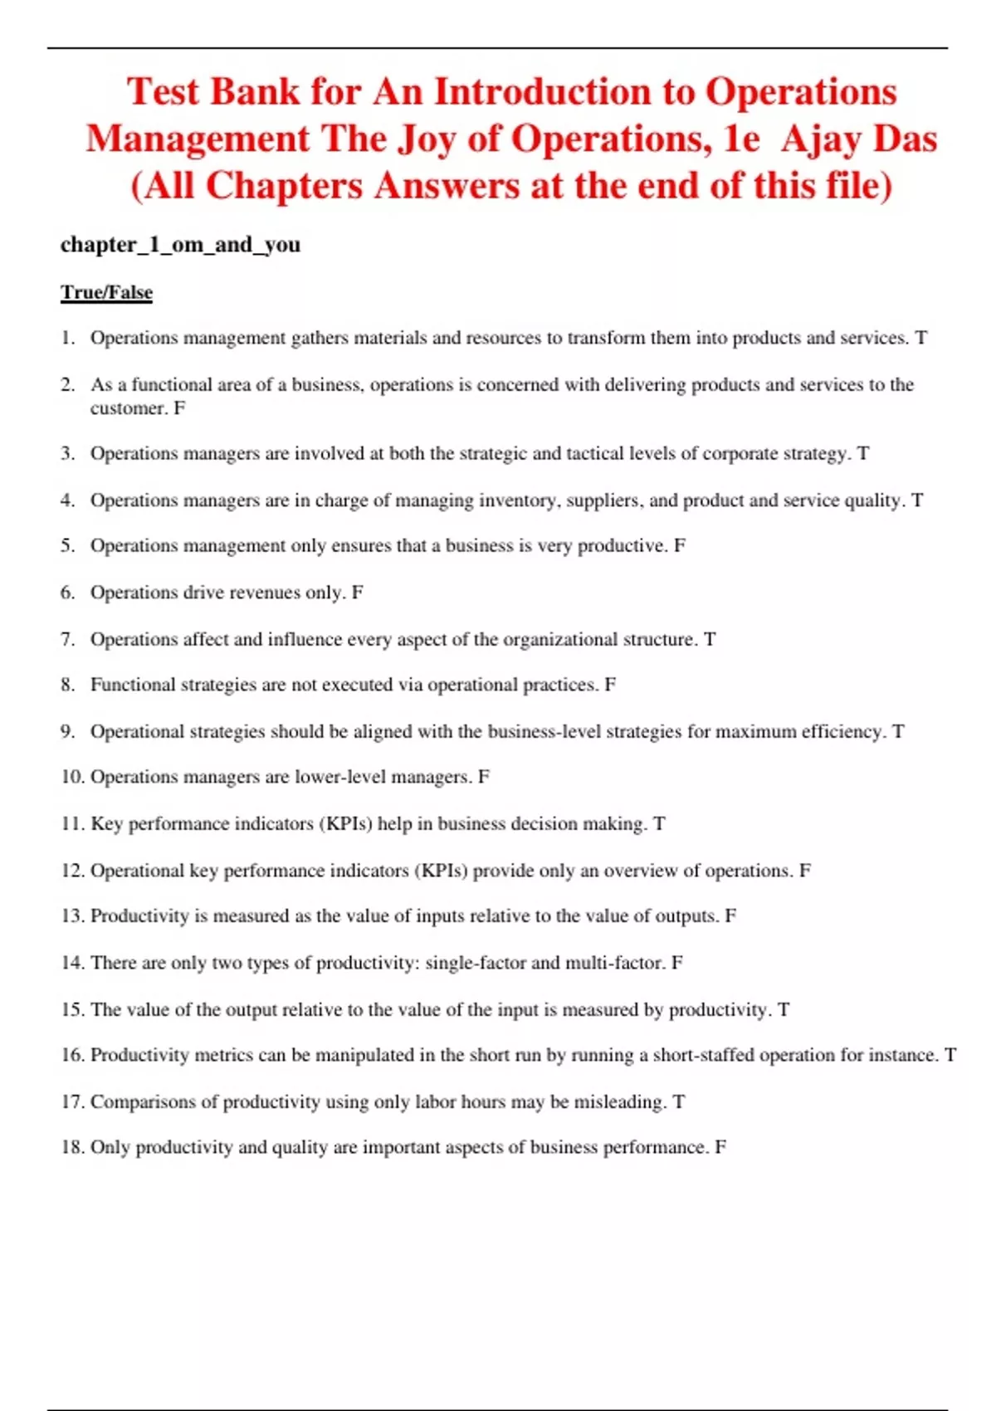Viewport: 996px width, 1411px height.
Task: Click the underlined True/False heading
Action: (x=106, y=292)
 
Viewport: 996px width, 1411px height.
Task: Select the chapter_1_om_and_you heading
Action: (x=180, y=244)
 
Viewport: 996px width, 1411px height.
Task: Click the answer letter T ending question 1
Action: (x=920, y=338)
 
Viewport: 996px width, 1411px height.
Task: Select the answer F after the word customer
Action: (x=179, y=408)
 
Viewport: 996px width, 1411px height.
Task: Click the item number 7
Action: (x=67, y=639)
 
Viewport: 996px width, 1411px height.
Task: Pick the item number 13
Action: (x=72, y=915)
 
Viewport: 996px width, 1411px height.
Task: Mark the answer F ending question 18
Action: (x=720, y=1147)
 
